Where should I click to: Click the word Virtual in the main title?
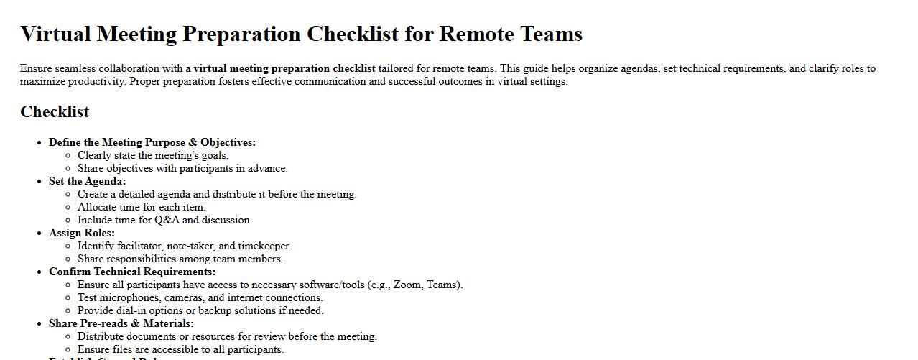pos(55,34)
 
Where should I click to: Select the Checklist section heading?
pos(55,111)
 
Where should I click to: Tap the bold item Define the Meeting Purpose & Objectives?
pos(152,142)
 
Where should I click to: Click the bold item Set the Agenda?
pos(87,181)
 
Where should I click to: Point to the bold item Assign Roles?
pos(81,233)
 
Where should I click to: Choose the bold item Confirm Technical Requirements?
pos(131,272)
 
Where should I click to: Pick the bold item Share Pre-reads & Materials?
pos(121,323)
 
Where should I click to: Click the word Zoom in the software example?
pos(407,285)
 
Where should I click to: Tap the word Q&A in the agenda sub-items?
pos(167,220)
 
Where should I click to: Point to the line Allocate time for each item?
pos(142,207)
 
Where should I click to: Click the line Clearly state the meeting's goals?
pos(152,155)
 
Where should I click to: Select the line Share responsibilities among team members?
pos(180,259)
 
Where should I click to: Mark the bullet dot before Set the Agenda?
pos(39,181)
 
